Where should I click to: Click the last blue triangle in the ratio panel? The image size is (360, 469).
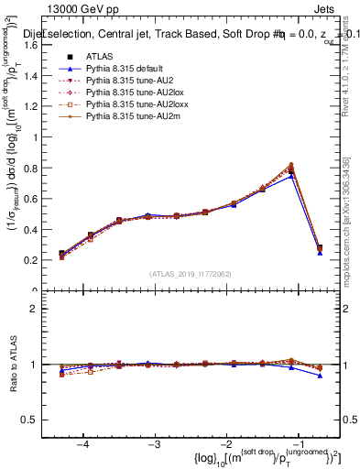coord(320,376)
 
